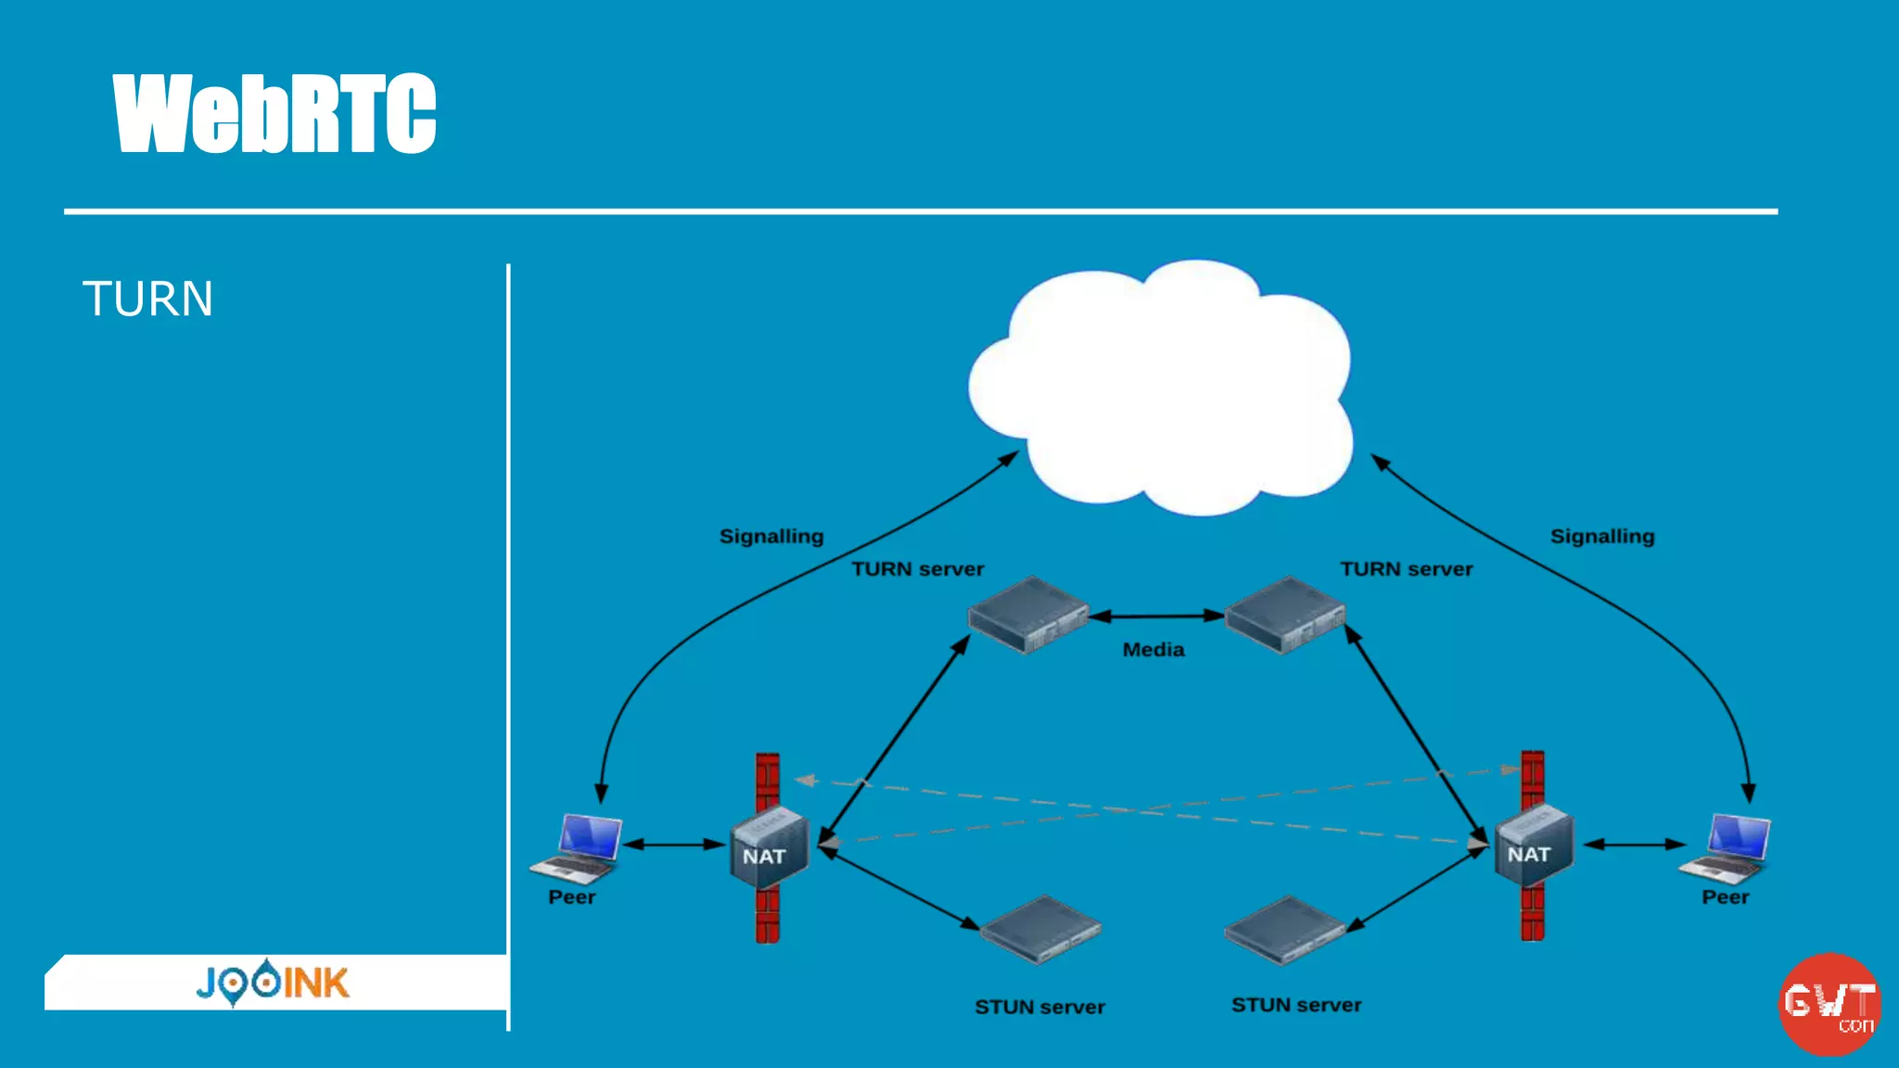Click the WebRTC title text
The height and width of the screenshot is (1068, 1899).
click(274, 113)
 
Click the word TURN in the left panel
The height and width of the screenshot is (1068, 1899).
click(148, 299)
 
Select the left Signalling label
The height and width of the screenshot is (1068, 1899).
click(771, 537)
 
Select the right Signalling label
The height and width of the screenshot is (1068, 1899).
click(1602, 537)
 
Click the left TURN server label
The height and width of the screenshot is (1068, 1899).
click(918, 569)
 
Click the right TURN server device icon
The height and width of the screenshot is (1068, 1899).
click(1284, 616)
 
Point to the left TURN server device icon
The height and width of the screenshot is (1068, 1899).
click(1027, 616)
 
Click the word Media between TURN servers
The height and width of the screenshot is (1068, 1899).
click(1153, 650)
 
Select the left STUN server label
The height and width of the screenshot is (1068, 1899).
click(1039, 1007)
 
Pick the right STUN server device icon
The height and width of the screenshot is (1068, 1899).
click(1284, 930)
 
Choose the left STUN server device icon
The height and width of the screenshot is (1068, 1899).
click(1040, 930)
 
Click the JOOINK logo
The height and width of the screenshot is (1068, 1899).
click(273, 983)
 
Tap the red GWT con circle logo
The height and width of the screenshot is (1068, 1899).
click(1829, 1005)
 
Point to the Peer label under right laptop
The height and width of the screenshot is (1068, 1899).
click(1725, 897)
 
